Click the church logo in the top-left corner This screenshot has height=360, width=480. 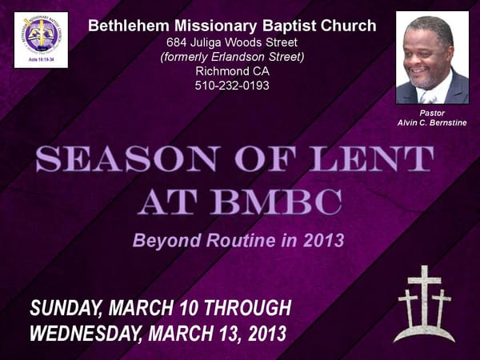(40, 39)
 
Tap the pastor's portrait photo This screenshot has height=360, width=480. (432, 58)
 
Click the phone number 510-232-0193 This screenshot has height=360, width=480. (232, 85)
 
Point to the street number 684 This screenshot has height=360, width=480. (177, 42)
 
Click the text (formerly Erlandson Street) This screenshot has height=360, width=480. (232, 56)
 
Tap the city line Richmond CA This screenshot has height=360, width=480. (232, 70)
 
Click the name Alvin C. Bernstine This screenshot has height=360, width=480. (432, 122)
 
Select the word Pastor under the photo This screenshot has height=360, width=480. (432, 113)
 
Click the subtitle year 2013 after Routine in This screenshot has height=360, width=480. (322, 239)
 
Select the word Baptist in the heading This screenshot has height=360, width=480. (266, 26)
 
